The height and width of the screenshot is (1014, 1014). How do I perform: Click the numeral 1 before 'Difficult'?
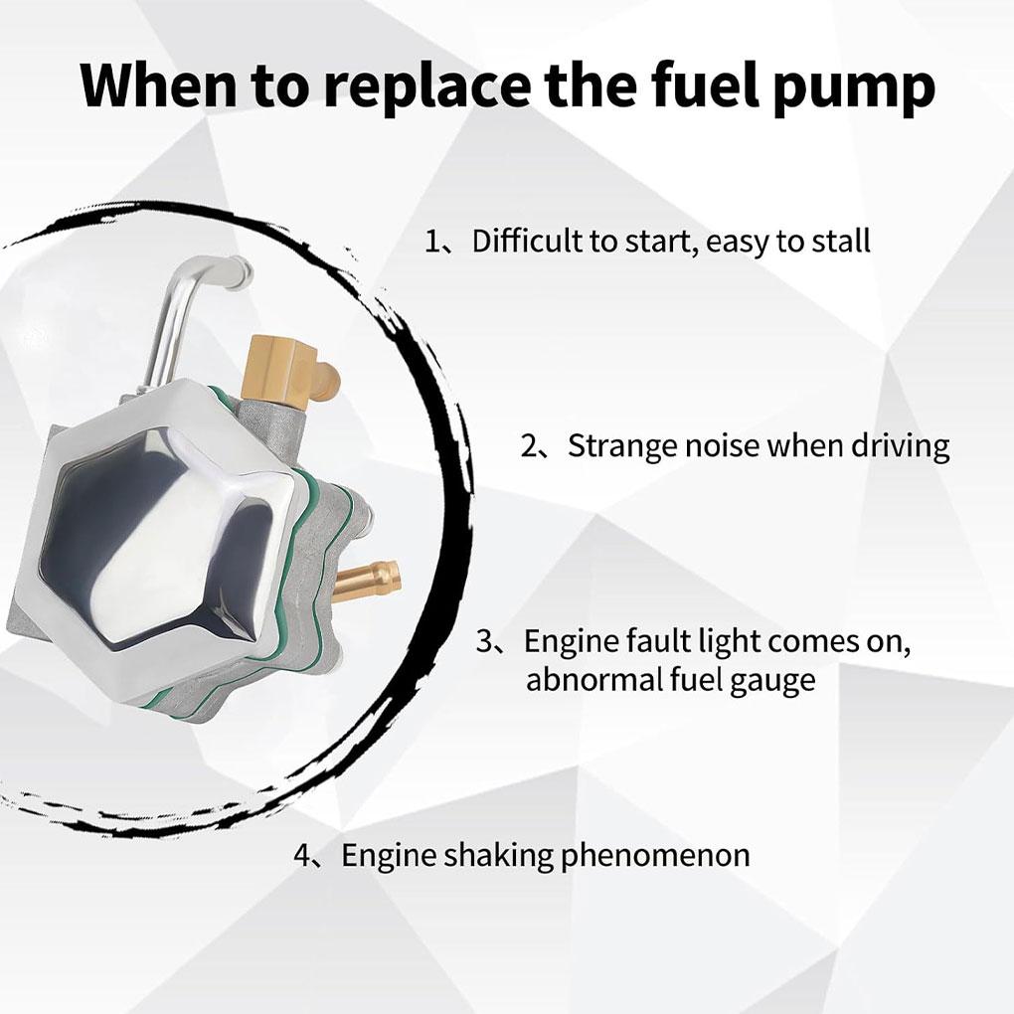[x=432, y=242]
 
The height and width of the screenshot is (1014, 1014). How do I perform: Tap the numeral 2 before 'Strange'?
[x=529, y=446]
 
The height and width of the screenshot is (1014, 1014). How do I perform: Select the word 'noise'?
[x=720, y=446]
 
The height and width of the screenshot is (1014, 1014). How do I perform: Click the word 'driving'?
[x=900, y=446]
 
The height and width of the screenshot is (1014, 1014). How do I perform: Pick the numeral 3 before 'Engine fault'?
[x=485, y=641]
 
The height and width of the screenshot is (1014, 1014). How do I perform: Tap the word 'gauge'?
[x=772, y=683]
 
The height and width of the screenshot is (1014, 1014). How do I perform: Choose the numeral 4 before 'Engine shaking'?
[x=302, y=855]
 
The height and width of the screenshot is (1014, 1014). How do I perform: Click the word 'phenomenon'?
[x=656, y=856]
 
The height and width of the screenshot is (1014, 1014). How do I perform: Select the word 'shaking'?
[x=497, y=855]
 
